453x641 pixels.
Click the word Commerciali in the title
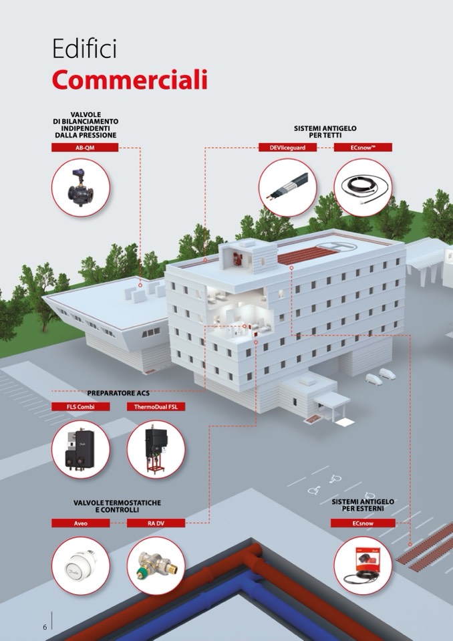point(130,80)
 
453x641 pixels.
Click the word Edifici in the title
point(85,49)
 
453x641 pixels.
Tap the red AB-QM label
point(85,148)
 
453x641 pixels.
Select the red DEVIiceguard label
point(287,148)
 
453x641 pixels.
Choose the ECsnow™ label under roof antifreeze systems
point(363,148)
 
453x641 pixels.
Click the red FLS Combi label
point(80,407)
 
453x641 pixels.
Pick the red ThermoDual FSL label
point(156,407)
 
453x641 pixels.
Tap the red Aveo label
point(80,523)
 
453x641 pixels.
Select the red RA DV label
point(156,523)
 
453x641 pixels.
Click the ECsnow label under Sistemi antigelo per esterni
point(363,523)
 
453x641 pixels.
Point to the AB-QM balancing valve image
point(80,188)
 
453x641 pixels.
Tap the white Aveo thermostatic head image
point(80,565)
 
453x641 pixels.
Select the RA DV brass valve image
point(156,565)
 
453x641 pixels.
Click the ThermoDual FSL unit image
point(156,449)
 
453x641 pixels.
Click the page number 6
point(45,627)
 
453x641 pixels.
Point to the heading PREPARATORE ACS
point(118,393)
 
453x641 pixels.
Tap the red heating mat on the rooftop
point(307,256)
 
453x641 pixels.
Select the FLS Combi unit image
point(80,449)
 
